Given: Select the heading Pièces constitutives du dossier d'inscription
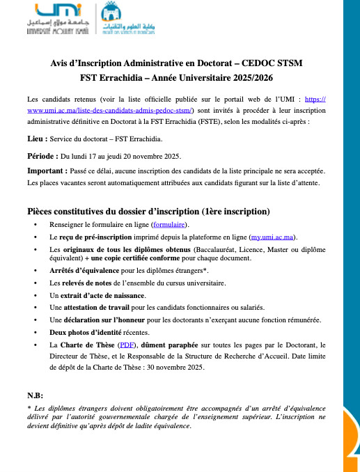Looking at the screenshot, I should point(148,212).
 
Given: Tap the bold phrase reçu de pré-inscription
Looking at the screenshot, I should point(98,237).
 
